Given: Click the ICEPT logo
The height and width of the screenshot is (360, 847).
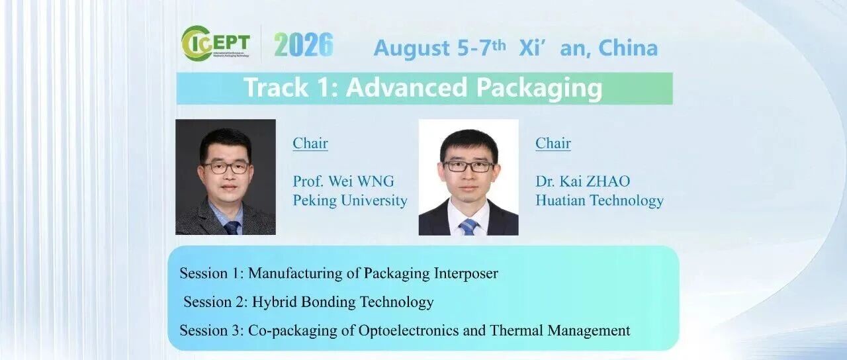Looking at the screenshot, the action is pyautogui.click(x=216, y=44).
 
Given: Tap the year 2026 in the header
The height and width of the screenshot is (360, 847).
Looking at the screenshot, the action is pyautogui.click(x=304, y=44).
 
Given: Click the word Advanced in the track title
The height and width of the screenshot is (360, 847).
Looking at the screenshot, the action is pyautogui.click(x=406, y=87).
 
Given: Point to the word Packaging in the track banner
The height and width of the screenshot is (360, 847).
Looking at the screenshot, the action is pyautogui.click(x=539, y=89).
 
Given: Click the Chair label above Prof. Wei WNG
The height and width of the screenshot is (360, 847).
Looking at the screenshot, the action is pyautogui.click(x=310, y=144).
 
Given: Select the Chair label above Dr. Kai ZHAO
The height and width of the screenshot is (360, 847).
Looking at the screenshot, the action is pyautogui.click(x=553, y=144).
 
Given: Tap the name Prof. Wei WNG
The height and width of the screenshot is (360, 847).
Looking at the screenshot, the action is pyautogui.click(x=343, y=181).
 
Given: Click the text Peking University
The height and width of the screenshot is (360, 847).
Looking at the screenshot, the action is pyautogui.click(x=350, y=201).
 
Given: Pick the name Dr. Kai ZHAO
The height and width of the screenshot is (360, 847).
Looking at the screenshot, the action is pyautogui.click(x=583, y=181).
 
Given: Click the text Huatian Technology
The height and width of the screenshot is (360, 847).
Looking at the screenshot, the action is pyautogui.click(x=600, y=201).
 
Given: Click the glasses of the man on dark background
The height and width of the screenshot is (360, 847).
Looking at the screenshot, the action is pyautogui.click(x=226, y=167).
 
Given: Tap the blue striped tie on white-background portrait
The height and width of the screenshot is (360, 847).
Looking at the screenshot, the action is pyautogui.click(x=468, y=227).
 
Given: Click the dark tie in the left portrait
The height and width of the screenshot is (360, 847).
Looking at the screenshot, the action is pyautogui.click(x=232, y=228).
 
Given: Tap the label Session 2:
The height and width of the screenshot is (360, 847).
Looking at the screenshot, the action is pyautogui.click(x=216, y=302).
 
